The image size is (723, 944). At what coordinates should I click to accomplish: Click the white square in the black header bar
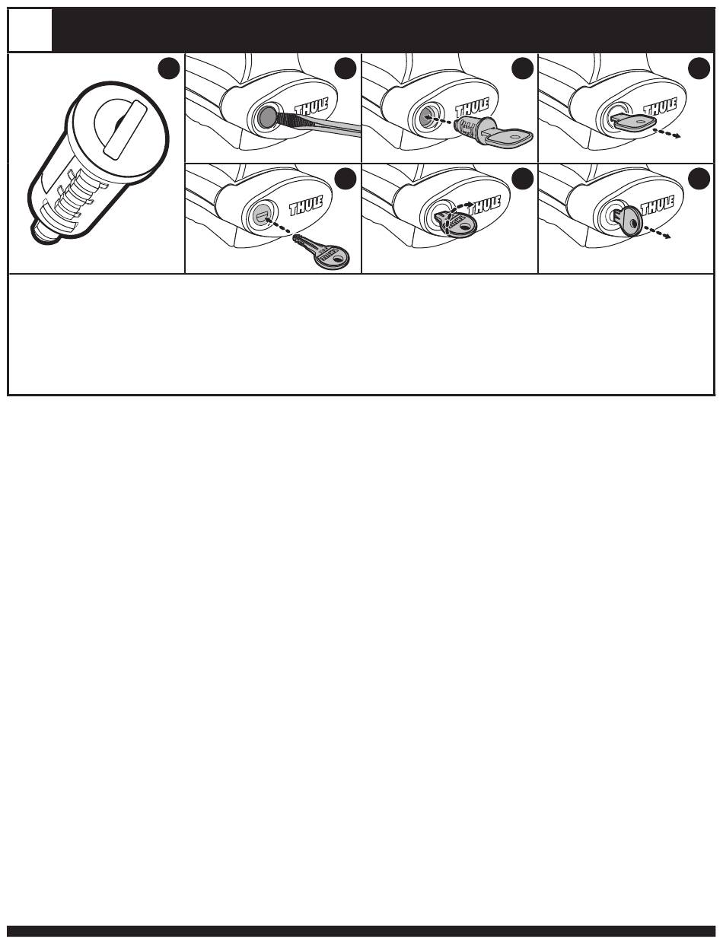(x=30, y=30)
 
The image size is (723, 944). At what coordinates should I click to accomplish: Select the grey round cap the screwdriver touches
(x=266, y=116)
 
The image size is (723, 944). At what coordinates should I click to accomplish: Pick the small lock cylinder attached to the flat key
(x=470, y=129)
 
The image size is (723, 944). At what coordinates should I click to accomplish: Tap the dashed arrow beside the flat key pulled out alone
(x=667, y=133)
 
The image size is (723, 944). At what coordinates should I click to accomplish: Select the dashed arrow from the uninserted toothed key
(x=279, y=227)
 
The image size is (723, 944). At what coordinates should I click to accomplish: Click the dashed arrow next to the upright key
(x=657, y=232)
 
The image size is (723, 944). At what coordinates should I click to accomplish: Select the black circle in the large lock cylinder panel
(x=169, y=69)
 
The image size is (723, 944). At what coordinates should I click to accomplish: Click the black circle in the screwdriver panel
(x=346, y=68)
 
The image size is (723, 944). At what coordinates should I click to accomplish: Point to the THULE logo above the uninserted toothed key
(x=306, y=205)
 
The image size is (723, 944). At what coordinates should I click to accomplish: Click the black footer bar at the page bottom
(x=361, y=931)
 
